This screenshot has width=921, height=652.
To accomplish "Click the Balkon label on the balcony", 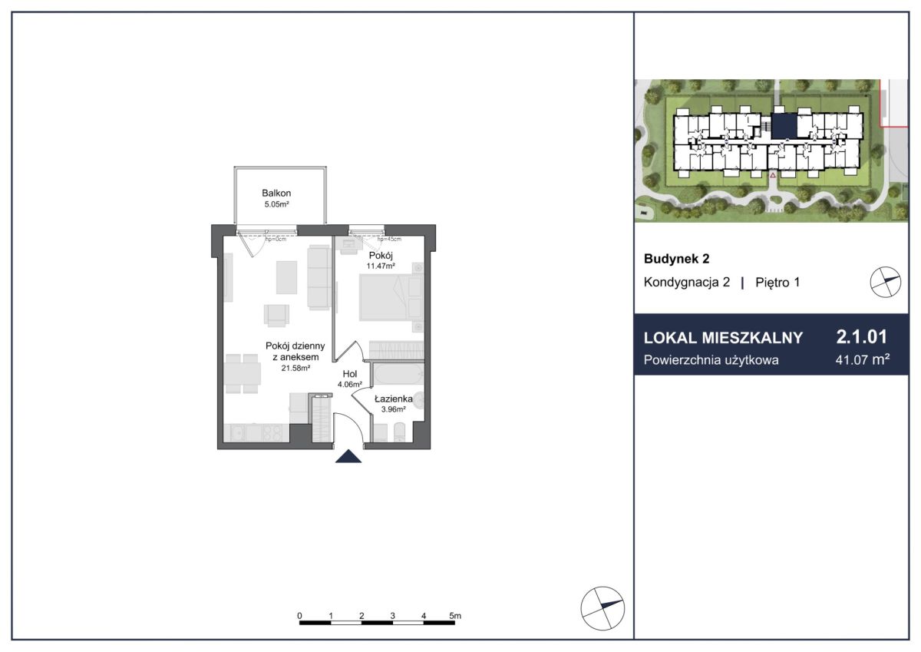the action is [x=276, y=193].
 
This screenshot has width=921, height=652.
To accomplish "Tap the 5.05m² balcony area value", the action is [x=277, y=204].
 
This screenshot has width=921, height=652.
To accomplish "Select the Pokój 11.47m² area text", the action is [x=381, y=266].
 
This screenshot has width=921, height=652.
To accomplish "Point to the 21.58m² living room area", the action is [x=295, y=368].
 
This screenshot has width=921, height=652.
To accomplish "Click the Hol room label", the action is [x=350, y=374].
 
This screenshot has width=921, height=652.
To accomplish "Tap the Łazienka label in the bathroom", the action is [x=394, y=399].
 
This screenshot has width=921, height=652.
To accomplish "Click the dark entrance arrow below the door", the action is [x=348, y=456].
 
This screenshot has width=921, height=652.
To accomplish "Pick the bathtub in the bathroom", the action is [x=398, y=374].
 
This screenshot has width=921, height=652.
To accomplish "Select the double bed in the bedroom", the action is [x=391, y=297].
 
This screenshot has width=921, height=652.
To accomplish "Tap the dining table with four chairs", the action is [x=243, y=373].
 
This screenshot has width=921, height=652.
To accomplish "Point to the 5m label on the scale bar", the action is [x=454, y=616].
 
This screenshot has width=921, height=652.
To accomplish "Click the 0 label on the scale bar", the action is [x=299, y=616].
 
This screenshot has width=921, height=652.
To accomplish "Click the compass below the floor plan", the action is [x=602, y=608].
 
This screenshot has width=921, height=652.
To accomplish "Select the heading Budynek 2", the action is [x=677, y=259].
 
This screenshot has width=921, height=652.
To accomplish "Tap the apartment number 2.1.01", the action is [x=862, y=336].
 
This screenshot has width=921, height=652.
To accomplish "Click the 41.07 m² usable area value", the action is [x=863, y=360].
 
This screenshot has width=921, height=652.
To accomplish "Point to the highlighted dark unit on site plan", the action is [x=784, y=126].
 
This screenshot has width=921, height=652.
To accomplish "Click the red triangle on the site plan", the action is [x=773, y=175].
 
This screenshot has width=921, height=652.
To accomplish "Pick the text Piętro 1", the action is [x=777, y=283].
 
